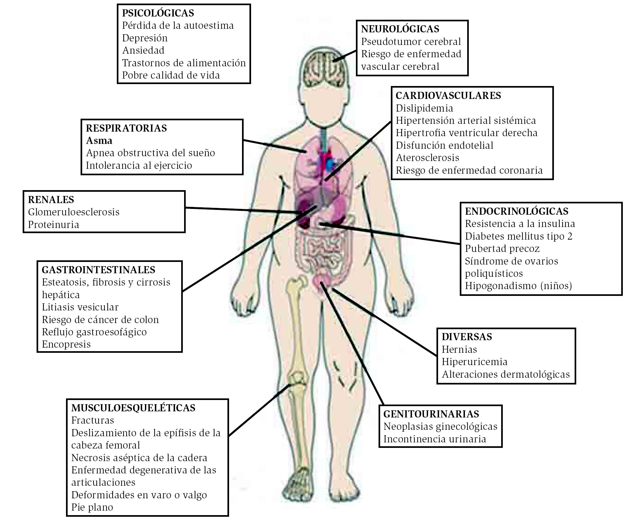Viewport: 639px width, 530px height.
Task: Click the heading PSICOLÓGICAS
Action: [158, 13]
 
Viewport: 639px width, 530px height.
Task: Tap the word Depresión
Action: [145, 38]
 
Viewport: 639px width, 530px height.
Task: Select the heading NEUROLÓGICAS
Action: [400, 29]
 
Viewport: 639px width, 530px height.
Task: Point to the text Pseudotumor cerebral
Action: [411, 42]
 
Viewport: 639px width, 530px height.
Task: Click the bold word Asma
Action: [99, 141]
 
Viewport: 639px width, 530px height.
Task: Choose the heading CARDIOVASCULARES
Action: [448, 96]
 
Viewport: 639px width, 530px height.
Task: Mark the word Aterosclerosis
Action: [427, 158]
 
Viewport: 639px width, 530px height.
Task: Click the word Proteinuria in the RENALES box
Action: [53, 225]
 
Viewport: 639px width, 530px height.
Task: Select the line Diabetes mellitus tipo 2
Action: [519, 236]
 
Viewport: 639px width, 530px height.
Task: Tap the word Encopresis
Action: [66, 344]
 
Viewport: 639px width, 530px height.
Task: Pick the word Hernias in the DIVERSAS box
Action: [459, 350]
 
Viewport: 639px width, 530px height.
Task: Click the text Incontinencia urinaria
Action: [435, 439]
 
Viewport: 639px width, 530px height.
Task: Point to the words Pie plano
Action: [92, 507]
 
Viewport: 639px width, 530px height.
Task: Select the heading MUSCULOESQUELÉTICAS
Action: [133, 408]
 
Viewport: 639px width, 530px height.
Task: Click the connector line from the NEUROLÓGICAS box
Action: [345, 56]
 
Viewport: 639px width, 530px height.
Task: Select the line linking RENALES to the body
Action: [243, 210]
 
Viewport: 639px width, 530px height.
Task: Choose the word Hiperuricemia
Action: [474, 362]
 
